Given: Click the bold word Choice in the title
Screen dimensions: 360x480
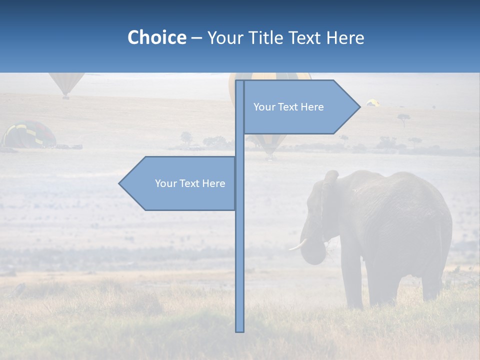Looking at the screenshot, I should click(x=156, y=37).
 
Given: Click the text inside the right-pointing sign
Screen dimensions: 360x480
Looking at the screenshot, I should click(x=288, y=107).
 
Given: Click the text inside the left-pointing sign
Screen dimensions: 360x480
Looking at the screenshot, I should click(x=190, y=183).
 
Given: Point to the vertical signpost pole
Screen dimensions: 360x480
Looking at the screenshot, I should click(x=239, y=250).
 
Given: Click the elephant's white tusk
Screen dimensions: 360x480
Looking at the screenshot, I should click(x=298, y=245).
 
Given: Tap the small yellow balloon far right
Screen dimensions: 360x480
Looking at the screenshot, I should click(x=372, y=102).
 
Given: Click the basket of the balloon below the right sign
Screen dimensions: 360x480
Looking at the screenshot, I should click(x=270, y=157).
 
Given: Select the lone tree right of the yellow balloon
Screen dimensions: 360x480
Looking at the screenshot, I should click(x=403, y=119).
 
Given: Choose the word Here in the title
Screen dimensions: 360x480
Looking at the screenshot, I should click(x=345, y=37).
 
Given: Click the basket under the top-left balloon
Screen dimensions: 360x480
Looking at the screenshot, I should click(x=65, y=97).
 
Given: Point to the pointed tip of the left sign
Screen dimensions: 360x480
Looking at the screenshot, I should click(x=120, y=183).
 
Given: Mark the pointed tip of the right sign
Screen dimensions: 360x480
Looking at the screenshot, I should click(x=359, y=106).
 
